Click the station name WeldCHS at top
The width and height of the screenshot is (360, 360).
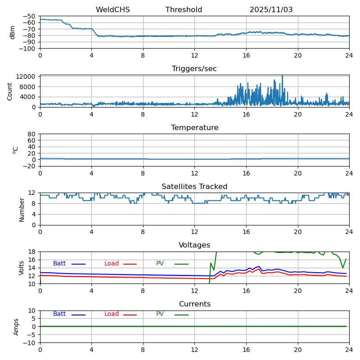coord(112,10)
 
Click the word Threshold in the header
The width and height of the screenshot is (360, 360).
coord(184,10)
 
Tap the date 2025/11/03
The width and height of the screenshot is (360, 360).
coord(271,10)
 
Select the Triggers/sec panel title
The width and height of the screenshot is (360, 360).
coord(194,69)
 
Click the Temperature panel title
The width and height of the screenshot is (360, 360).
coord(194,128)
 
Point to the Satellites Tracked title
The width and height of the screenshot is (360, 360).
coord(194,187)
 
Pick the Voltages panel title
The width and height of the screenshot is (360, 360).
coord(194,245)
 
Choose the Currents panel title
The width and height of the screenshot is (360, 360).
coord(194,304)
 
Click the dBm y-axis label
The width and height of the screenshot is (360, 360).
coord(13,32)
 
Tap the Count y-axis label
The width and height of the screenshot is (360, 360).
coord(10,91)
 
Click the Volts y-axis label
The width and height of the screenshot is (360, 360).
coord(22,268)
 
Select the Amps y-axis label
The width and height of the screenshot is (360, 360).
coord(16,327)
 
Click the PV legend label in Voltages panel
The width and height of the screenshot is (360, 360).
coord(160,264)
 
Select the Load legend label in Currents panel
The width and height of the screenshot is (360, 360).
coord(112,314)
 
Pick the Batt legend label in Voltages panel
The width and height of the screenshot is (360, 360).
coord(59,264)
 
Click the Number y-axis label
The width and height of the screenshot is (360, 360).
coord(22,209)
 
